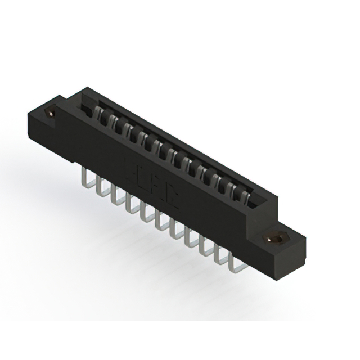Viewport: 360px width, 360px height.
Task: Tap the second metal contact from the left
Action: coord(114,122)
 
